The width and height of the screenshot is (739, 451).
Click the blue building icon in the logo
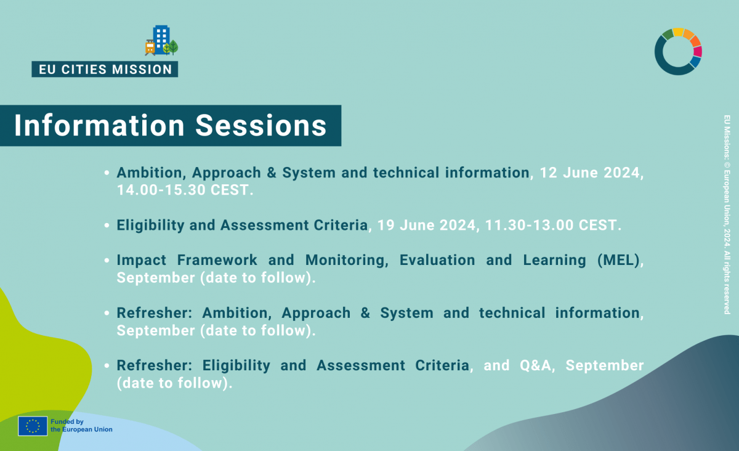click(161, 39)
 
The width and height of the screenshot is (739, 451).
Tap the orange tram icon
click(150, 47)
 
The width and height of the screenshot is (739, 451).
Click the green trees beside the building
click(171, 47)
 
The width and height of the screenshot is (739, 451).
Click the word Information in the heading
click(99, 126)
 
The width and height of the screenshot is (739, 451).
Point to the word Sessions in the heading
click(261, 126)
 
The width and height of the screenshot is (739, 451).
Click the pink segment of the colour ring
click(698, 52)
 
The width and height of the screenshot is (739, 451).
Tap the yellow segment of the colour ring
click(678, 32)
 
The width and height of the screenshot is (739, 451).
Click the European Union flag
click(33, 426)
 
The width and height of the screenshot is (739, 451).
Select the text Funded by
click(67, 421)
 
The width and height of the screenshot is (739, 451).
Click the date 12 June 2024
click(589, 173)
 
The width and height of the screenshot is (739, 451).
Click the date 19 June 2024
click(426, 225)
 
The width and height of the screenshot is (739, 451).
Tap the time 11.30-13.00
click(530, 225)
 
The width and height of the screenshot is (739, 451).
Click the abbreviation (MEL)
click(618, 260)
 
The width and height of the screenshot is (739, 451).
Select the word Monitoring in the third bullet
click(345, 260)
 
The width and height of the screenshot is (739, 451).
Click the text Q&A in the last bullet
click(535, 365)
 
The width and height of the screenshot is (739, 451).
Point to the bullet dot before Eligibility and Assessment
click(107, 225)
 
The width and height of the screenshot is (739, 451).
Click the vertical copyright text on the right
click(727, 214)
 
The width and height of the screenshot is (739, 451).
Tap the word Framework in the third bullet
click(217, 260)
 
